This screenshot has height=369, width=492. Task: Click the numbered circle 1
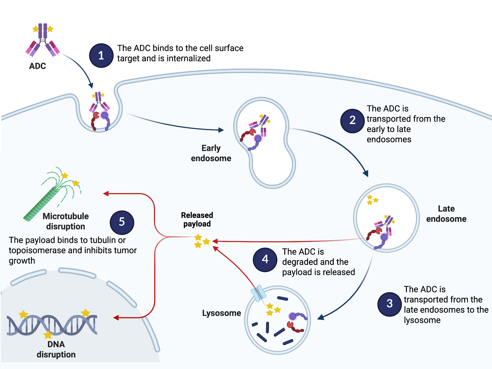coord(101,56)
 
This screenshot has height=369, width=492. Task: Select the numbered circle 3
coord(390,304)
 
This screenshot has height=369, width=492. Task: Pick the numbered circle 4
coord(265,260)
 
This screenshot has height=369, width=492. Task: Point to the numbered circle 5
coord(122,222)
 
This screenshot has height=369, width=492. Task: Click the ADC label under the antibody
coord(38,66)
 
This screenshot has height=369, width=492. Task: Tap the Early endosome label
coord(211,153)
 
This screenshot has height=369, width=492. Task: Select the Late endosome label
coord(446,214)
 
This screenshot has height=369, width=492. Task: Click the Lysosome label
coord(221,313)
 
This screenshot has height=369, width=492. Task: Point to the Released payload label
coord(197,219)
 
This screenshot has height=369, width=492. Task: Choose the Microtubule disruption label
coord(66,221)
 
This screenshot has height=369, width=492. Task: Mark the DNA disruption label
coord(56,349)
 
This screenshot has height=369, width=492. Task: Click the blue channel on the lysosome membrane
coord(258,293)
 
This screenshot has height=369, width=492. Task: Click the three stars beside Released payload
coord(202,241)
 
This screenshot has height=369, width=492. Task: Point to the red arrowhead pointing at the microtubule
coord(106,194)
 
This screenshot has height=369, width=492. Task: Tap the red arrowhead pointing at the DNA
coord(116,318)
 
